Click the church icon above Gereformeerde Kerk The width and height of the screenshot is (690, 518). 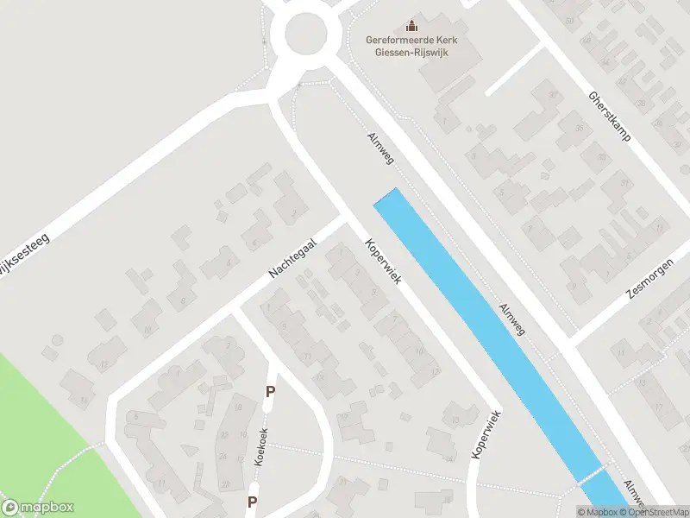click(411, 26)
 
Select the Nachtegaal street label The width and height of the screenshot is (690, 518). click(293, 259)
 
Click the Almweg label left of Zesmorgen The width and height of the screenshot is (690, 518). click(511, 319)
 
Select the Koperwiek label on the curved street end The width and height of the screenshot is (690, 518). click(486, 433)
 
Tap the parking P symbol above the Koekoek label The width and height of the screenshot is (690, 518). click(270, 392)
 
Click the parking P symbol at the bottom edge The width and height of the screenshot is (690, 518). click(253, 502)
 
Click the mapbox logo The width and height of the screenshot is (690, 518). click(37, 508)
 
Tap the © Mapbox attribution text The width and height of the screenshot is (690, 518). click(598, 512)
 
